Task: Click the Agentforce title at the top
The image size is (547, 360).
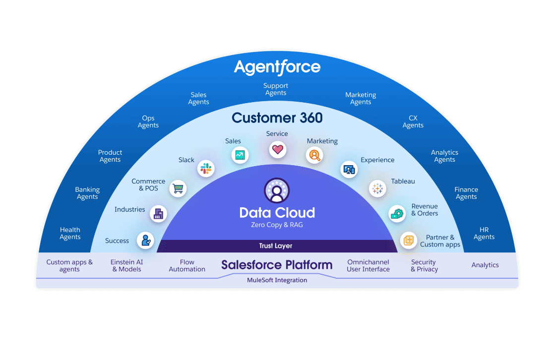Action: [x=277, y=67]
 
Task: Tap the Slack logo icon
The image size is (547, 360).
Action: [x=206, y=169]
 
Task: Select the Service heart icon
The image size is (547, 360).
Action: [x=277, y=149]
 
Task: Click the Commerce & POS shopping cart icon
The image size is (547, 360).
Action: [x=178, y=188]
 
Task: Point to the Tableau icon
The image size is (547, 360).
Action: [x=377, y=188]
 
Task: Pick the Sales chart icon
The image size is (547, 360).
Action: [x=240, y=155]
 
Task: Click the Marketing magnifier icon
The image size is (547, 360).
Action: [x=314, y=155]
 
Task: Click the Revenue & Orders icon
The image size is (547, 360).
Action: [x=397, y=214]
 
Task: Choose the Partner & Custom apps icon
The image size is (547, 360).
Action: [x=409, y=241]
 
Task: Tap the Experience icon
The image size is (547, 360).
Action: [x=349, y=169]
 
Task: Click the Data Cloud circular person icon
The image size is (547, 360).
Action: [x=277, y=191]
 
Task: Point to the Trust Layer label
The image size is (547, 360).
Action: [x=276, y=246]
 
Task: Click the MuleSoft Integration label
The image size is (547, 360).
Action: [x=277, y=280]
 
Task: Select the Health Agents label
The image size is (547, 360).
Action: [x=70, y=233]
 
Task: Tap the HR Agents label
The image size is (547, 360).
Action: [x=484, y=233]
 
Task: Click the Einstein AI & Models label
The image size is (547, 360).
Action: [x=126, y=266]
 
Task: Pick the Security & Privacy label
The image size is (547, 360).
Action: [x=424, y=266]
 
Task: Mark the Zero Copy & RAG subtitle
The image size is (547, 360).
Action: [x=277, y=225]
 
